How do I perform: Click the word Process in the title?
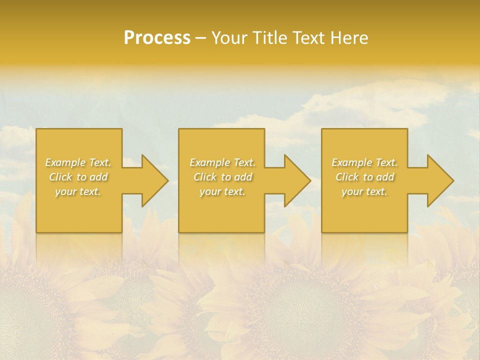(157, 38)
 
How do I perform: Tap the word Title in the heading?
(268, 38)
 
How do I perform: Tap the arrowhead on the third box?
(439, 180)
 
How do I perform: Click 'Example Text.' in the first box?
(78, 162)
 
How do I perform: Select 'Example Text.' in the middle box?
(222, 162)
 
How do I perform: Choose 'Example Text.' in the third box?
(364, 162)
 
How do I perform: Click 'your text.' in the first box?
(78, 191)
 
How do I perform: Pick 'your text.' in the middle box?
(222, 191)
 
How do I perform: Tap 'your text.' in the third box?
(364, 191)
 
